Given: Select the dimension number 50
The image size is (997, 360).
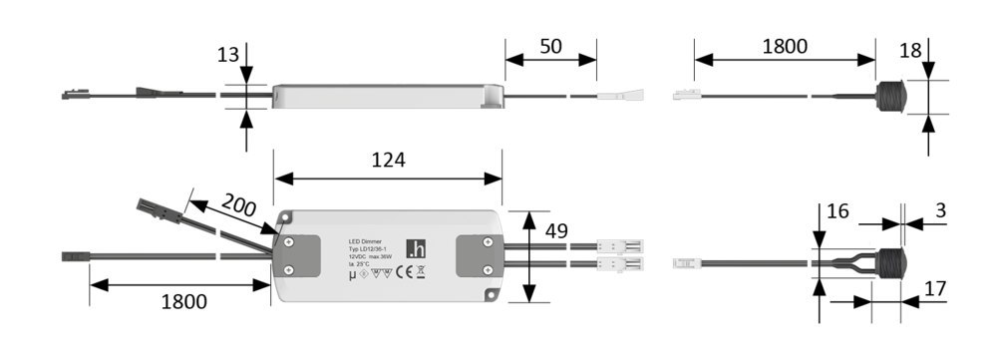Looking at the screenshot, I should tap(550, 46).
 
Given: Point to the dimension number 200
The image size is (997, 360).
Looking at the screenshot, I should tap(239, 208).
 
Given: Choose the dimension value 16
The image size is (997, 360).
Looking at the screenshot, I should tap(837, 211).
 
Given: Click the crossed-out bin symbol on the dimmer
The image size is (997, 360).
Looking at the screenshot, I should tap(422, 270).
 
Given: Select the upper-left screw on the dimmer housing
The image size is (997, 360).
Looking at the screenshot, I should tap(288, 240).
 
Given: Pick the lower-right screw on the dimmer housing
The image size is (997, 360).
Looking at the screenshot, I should tap(487, 270).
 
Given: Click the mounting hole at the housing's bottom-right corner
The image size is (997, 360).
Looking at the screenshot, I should tap(491, 295).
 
